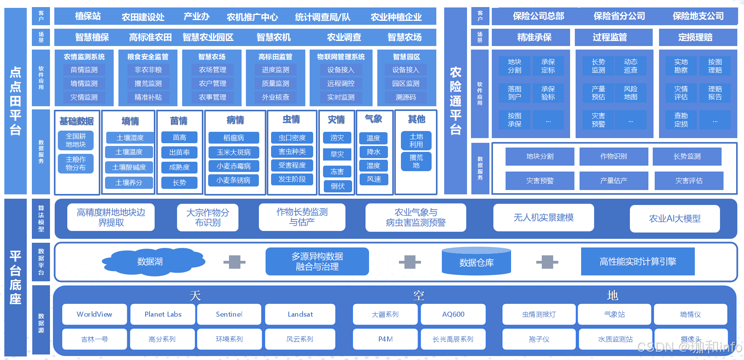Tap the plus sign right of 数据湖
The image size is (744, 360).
point(234,262)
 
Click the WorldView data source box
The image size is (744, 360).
point(94,314)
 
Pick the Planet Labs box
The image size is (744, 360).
point(163,314)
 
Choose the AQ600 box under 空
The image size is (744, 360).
point(453,314)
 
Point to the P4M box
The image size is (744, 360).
point(385,339)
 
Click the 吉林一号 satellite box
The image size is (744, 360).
point(94,339)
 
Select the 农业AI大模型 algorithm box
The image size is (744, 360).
point(674,218)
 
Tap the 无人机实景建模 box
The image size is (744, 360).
point(543,217)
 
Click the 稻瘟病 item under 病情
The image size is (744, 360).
point(234,138)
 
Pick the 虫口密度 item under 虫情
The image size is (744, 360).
point(292,138)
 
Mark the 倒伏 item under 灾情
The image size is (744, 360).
point(337,186)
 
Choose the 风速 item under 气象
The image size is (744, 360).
point(374,179)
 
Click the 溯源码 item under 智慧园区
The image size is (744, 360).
point(406,97)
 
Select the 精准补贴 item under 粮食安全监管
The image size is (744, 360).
point(148,97)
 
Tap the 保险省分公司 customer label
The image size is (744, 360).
point(619,16)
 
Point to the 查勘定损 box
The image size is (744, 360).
point(681,120)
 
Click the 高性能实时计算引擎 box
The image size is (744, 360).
point(637,261)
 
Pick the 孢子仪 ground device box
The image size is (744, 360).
point(539,339)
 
